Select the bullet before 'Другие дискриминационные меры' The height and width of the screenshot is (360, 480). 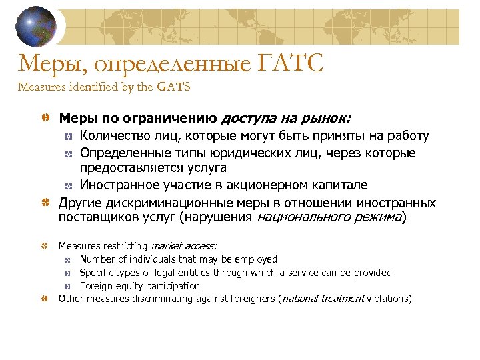click(44, 203)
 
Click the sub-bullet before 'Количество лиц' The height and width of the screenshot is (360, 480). click(69, 137)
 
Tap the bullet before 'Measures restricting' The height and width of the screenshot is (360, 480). click(44, 246)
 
